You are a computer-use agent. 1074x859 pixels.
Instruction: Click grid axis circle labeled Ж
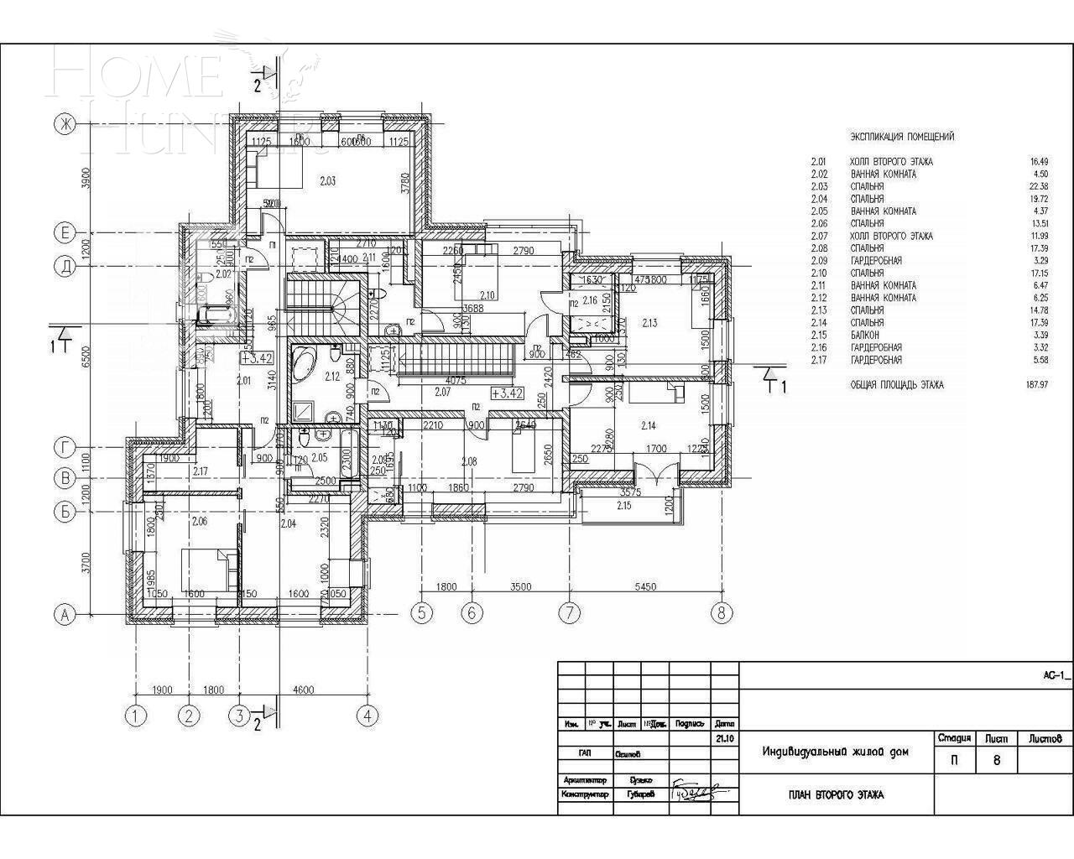coord(64,124)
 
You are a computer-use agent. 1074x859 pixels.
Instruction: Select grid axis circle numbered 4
coord(367,716)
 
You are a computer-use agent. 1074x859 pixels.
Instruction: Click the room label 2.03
coord(328,179)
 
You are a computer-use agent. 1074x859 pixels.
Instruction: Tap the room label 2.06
coord(198,522)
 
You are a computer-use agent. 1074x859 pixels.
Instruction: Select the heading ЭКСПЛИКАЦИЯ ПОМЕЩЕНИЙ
coord(902,137)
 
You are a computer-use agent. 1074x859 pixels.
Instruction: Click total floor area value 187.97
coord(1032,385)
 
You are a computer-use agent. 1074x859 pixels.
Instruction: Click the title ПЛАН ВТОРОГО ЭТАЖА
coord(836,794)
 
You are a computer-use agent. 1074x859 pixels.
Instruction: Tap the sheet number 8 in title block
coord(996,761)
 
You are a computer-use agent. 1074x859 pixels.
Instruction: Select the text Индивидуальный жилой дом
coord(835,752)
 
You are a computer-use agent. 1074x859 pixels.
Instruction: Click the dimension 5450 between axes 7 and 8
coord(645,587)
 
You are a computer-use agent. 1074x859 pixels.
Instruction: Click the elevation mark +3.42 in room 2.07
coord(508,393)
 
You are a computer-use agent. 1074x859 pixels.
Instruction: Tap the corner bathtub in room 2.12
coord(304,366)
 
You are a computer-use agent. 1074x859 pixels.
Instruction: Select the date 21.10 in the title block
coord(725,739)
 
